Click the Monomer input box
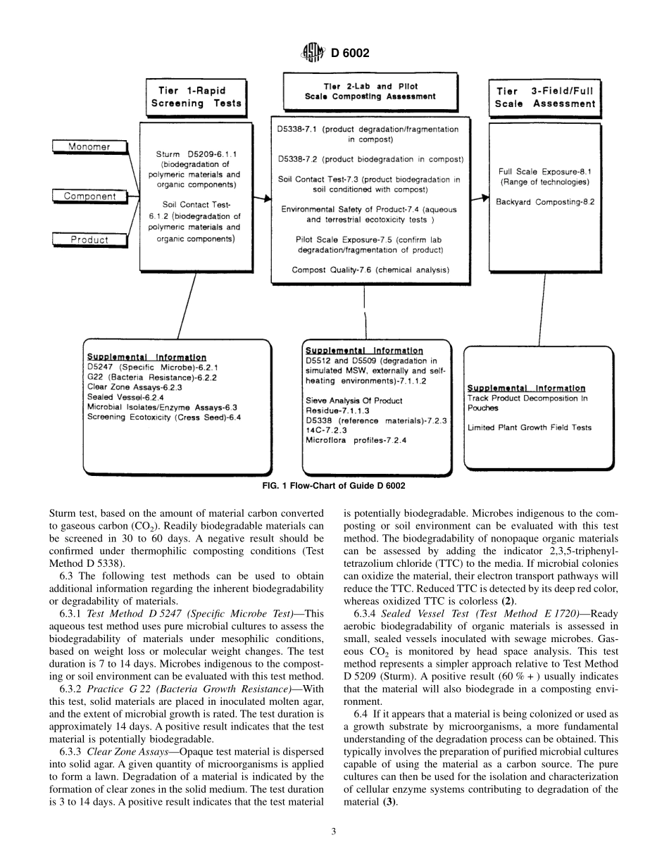(x=89, y=147)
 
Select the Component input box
(x=89, y=196)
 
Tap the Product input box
(x=89, y=240)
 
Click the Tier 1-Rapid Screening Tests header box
(x=196, y=96)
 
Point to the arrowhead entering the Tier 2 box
(x=267, y=199)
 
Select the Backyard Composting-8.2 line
(x=544, y=201)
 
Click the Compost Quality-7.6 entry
(x=370, y=269)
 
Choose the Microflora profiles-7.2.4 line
(x=356, y=441)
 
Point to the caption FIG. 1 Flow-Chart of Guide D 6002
(x=334, y=486)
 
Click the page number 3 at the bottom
(x=334, y=832)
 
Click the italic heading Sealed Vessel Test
(x=420, y=613)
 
